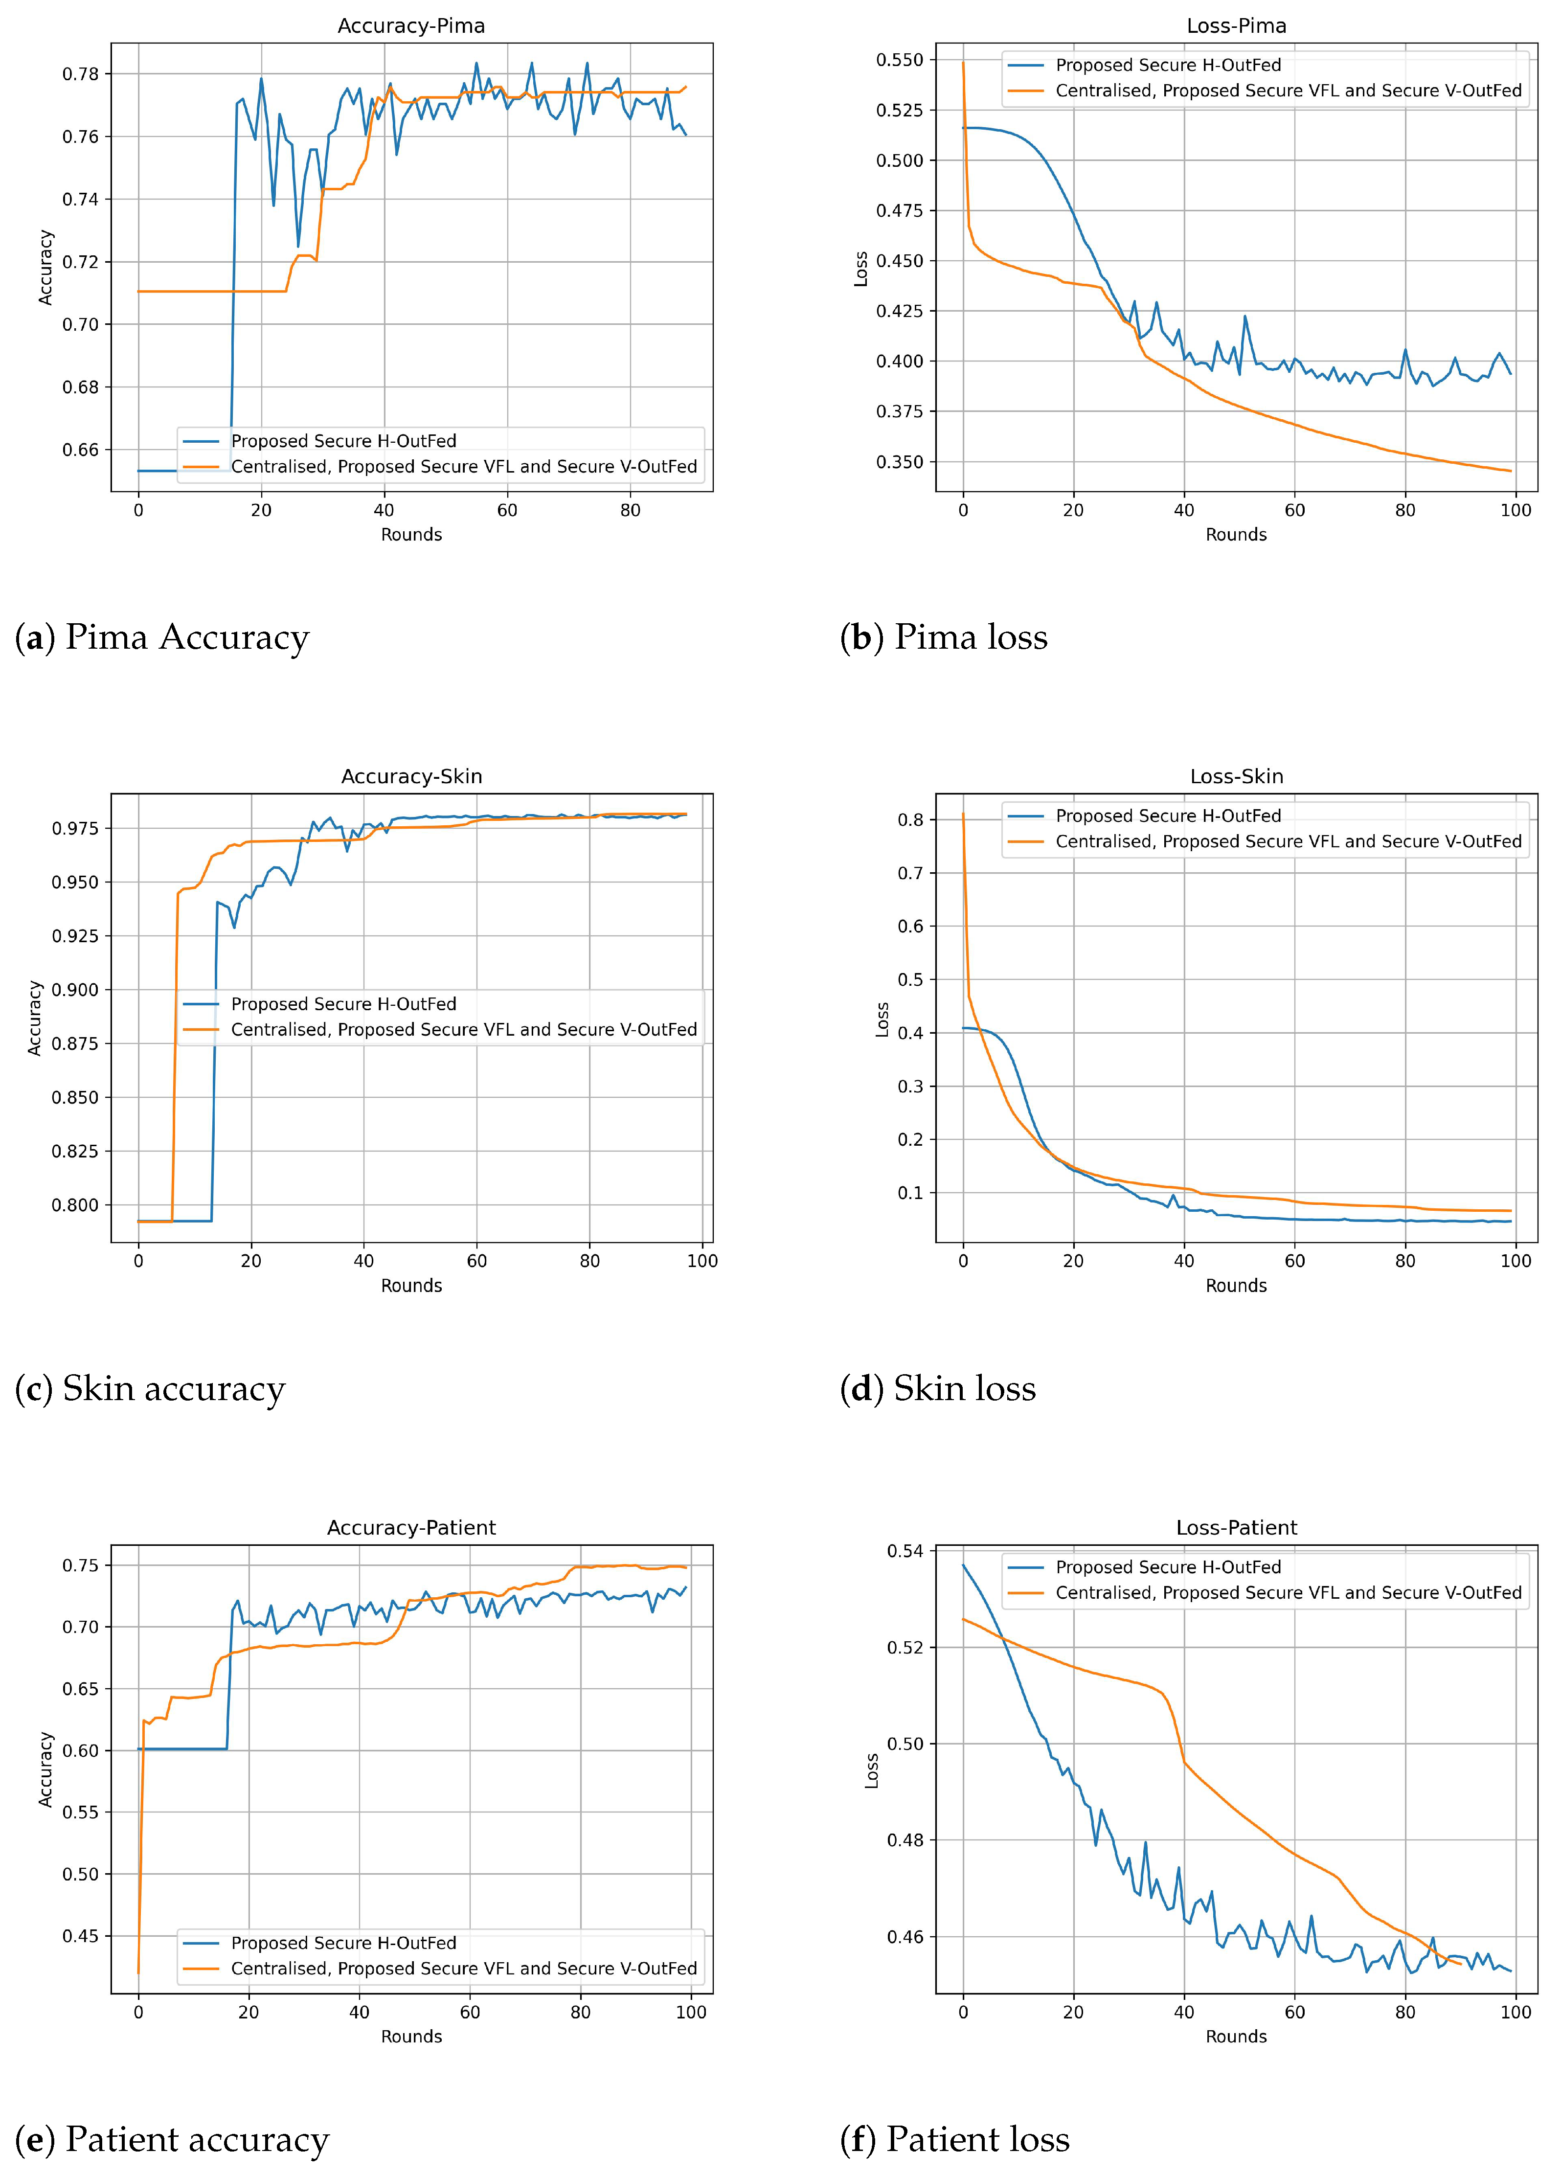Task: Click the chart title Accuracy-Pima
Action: point(411,26)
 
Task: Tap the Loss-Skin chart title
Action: point(1236,777)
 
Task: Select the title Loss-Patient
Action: point(1236,1528)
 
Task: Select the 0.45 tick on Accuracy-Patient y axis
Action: point(82,1936)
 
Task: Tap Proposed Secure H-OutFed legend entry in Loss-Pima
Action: point(1168,65)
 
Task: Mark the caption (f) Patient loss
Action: point(955,2139)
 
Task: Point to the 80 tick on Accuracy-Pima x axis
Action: point(630,510)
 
